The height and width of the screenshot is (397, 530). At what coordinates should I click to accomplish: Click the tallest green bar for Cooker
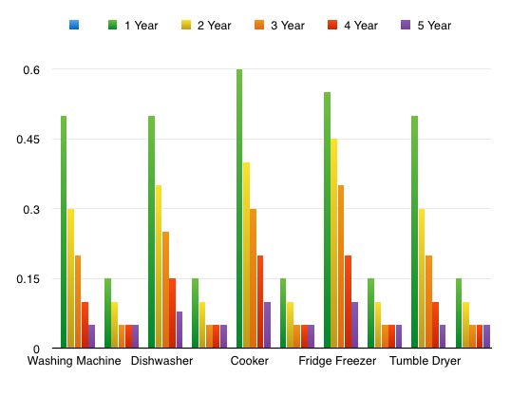[x=239, y=209]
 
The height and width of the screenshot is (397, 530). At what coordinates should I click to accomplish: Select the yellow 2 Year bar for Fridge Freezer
[x=333, y=243]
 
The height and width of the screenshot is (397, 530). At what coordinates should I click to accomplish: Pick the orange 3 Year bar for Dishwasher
[x=165, y=290]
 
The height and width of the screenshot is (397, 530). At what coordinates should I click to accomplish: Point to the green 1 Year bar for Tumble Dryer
[x=415, y=232]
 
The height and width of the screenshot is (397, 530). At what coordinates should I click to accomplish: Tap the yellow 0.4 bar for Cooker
[x=246, y=255]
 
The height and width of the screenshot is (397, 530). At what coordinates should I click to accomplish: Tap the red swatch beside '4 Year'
[x=331, y=25]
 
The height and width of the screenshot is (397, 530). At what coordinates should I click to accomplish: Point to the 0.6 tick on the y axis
[x=32, y=70]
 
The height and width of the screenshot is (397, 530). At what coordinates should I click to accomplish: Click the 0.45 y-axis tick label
[x=29, y=140]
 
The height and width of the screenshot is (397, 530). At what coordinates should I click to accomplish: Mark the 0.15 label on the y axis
[x=29, y=279]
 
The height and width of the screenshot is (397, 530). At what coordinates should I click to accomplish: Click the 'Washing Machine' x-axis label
[x=74, y=362]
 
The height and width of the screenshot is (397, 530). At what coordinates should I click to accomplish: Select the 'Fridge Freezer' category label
[x=337, y=362]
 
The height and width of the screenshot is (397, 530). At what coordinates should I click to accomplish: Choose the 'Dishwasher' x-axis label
[x=162, y=362]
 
